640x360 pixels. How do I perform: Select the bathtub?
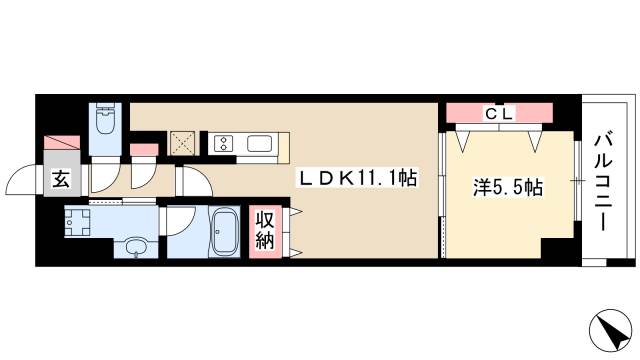pos(223,232)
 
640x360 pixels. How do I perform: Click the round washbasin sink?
pos(133,246)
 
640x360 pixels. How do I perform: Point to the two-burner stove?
pos(222,143)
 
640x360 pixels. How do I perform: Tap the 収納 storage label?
pos(264,231)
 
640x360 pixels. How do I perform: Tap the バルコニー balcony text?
pos(606,180)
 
